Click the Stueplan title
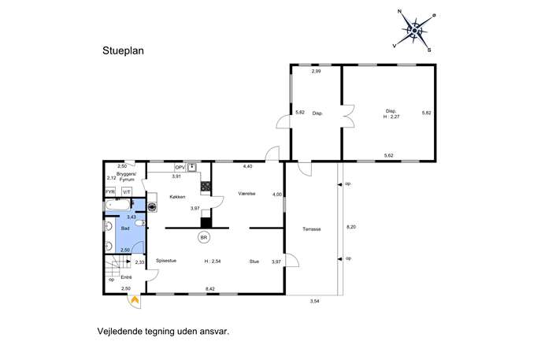pyautogui.click(x=123, y=50)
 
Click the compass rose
pyautogui.click(x=415, y=31)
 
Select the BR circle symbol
pyautogui.click(x=204, y=237)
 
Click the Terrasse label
pyautogui.click(x=312, y=229)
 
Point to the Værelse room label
pyautogui.click(x=246, y=194)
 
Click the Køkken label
pyautogui.click(x=177, y=197)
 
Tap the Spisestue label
pyautogui.click(x=166, y=261)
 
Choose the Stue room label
pyautogui.click(x=254, y=262)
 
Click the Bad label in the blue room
pyautogui.click(x=125, y=228)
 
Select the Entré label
pyautogui.click(x=126, y=276)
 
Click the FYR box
pyautogui.click(x=110, y=192)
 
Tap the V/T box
pyautogui.click(x=127, y=192)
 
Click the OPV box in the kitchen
pyautogui.click(x=180, y=168)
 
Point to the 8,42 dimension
pyautogui.click(x=209, y=289)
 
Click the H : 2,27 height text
pyautogui.click(x=391, y=117)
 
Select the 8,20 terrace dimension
pyautogui.click(x=351, y=227)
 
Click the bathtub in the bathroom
pyautogui.click(x=117, y=205)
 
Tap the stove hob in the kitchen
pyautogui.click(x=206, y=187)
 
